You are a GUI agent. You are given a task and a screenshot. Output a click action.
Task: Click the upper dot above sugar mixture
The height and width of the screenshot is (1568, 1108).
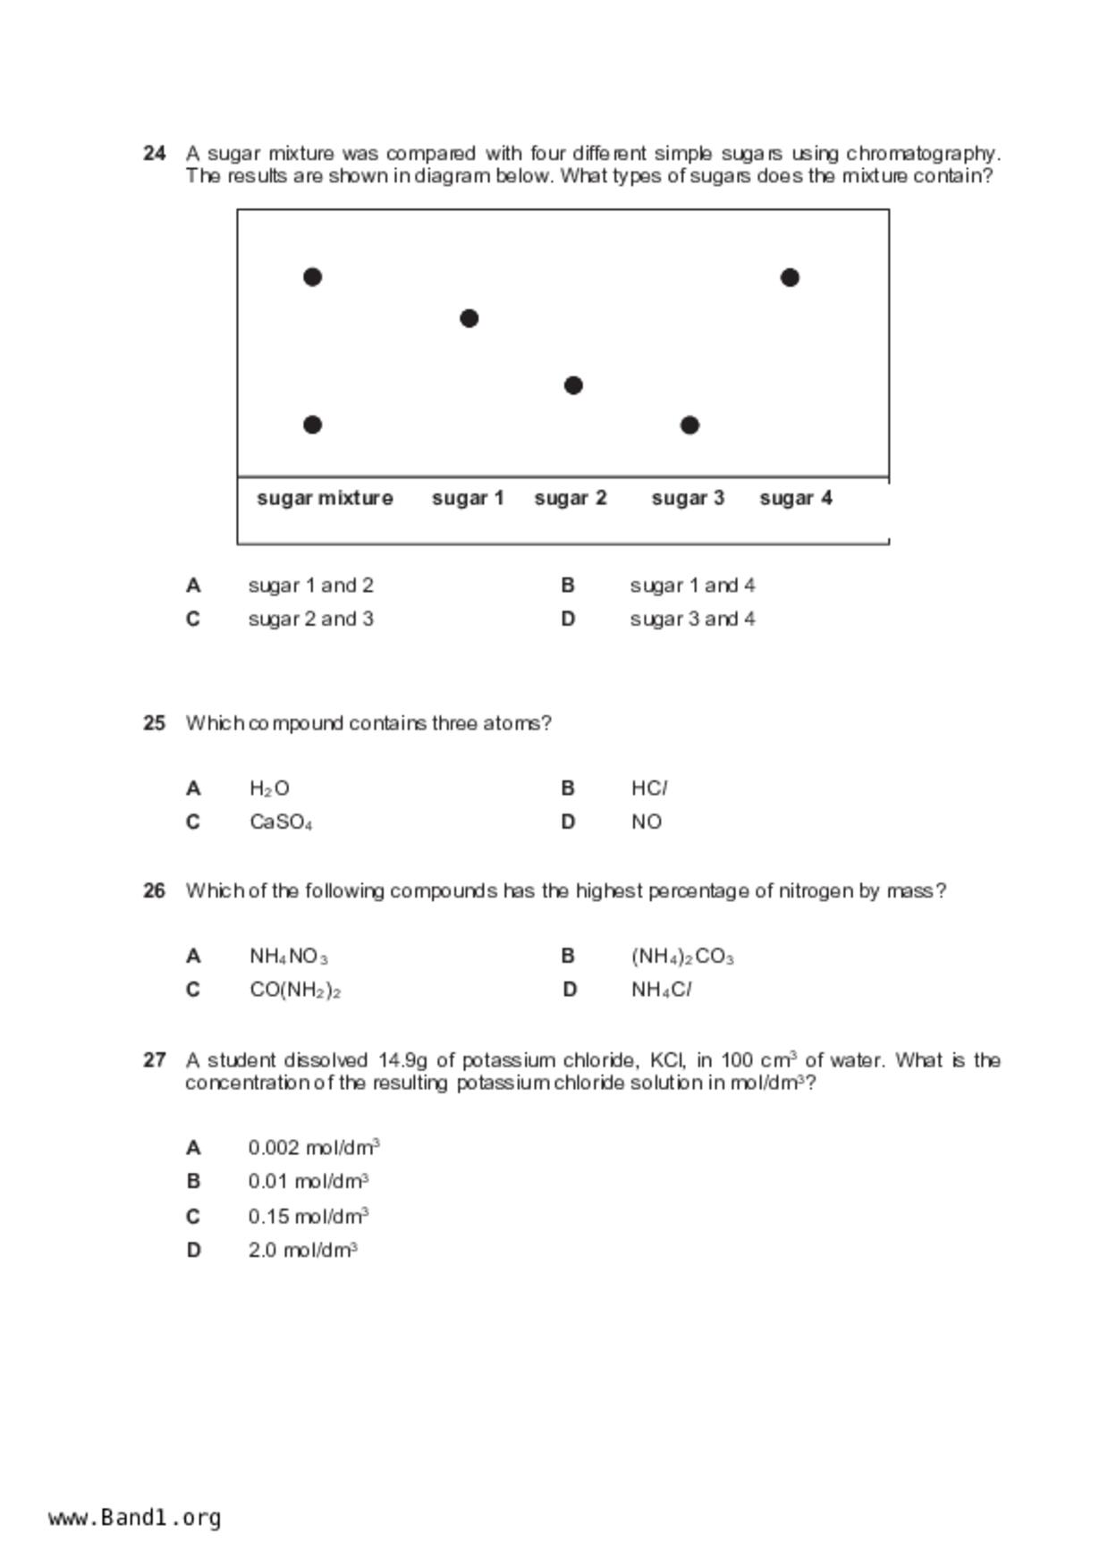coord(312,277)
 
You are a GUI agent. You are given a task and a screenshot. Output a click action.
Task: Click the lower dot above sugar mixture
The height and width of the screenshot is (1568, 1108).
coord(312,425)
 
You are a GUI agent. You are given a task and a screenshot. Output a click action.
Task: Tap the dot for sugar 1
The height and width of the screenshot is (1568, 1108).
coord(469,318)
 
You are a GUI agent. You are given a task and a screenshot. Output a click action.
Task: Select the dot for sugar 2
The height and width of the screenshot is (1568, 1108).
coord(573,385)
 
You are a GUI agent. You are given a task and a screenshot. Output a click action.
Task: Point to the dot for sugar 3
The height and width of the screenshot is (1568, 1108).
coord(689,426)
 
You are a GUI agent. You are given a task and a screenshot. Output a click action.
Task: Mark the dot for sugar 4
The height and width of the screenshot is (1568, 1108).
coord(790,278)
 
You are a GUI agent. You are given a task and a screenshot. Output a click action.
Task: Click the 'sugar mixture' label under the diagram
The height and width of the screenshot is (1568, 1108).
coord(325,498)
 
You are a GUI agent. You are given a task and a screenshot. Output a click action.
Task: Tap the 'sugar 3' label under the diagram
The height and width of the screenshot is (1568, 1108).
coord(687,498)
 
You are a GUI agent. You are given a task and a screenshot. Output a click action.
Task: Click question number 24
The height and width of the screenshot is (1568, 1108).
coord(154,153)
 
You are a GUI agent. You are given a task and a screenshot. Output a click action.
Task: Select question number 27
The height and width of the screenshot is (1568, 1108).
coord(154,1060)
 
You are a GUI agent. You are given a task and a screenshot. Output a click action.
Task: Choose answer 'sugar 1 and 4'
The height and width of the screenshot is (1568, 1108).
coord(692,586)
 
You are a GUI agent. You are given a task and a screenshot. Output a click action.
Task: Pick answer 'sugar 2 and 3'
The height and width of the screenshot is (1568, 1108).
coord(310,619)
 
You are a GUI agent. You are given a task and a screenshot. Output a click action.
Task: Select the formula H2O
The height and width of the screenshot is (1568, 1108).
coord(269,788)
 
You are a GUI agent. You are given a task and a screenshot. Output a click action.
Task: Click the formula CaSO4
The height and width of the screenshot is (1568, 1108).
coord(281,822)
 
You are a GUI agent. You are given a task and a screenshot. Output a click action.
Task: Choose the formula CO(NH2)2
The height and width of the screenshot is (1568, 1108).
coord(295,991)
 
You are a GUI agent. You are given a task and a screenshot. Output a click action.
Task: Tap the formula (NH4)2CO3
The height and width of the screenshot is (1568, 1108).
coord(682,957)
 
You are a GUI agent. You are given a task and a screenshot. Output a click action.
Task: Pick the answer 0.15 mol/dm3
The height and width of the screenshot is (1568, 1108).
coord(309,1217)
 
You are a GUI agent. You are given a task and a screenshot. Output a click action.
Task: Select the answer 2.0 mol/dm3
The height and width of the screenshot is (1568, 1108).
coord(303,1250)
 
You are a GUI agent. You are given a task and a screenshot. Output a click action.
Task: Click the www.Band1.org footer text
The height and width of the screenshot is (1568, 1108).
coord(135,1517)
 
